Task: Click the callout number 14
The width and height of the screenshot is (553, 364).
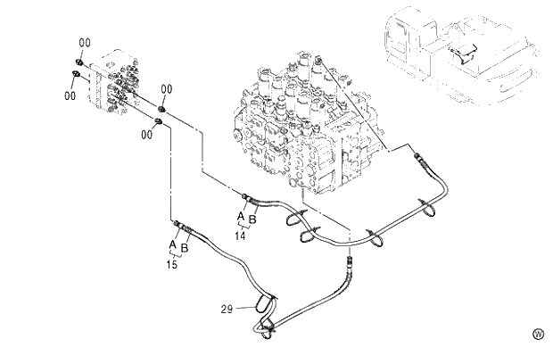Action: [241, 236]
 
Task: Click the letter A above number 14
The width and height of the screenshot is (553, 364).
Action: [239, 216]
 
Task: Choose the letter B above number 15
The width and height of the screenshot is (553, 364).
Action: [185, 247]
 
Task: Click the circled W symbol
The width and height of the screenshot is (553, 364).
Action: [538, 334]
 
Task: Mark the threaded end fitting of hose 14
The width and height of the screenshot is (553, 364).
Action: [247, 196]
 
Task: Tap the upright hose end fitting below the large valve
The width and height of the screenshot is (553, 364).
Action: [351, 264]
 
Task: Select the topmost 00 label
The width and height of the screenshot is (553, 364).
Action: [84, 43]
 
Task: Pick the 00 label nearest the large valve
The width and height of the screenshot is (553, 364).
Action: [166, 89]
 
